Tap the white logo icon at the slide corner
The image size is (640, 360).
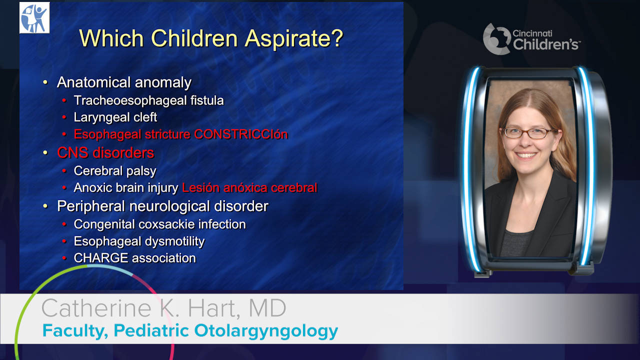pos(34,17)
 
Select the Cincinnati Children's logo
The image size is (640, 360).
pos(531,39)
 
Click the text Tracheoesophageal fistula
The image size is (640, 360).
pos(148,100)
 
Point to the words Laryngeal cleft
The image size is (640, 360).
pos(115,117)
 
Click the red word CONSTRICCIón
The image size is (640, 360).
pos(241,134)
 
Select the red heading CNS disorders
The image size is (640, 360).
pos(105,152)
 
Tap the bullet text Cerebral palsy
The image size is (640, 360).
pos(115,171)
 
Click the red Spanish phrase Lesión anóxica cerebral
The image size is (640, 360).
pos(249,187)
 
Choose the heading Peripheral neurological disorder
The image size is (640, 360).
pos(162,206)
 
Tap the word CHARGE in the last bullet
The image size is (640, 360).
pos(101,258)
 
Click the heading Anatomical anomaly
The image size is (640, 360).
pos(124,82)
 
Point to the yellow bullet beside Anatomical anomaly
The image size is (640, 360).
pos(45,82)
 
